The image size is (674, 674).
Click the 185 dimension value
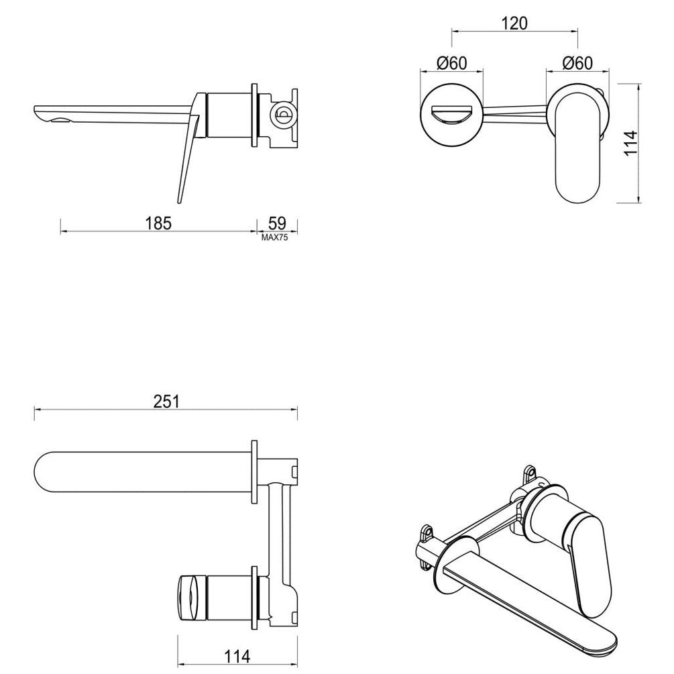point(160,222)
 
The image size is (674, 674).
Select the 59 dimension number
point(278,222)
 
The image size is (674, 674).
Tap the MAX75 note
point(275,237)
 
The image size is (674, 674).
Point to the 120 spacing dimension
point(514,23)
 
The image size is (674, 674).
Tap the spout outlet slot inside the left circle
point(451,115)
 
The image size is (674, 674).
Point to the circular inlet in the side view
point(282,115)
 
